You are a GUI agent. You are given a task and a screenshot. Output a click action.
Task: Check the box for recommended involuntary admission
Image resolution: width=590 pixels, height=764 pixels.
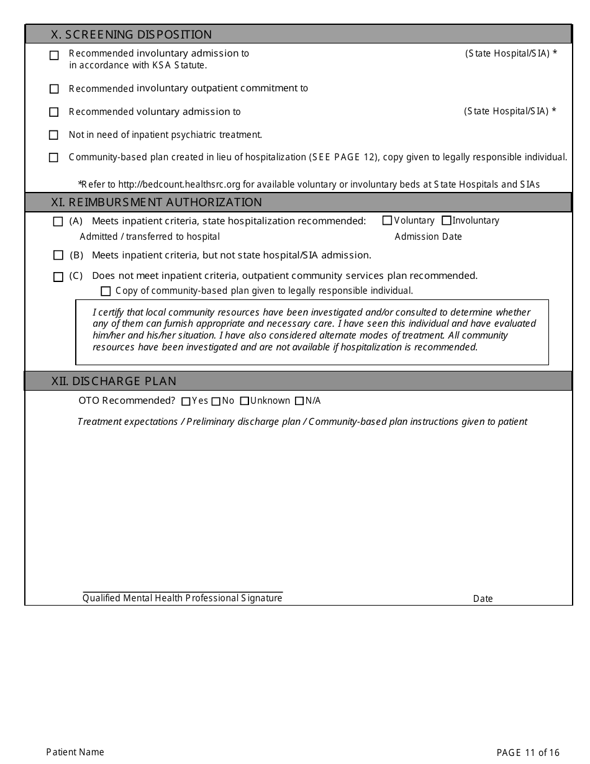point(54,55)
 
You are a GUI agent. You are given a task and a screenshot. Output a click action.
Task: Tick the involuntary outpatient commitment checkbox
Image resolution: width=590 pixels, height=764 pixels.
point(54,89)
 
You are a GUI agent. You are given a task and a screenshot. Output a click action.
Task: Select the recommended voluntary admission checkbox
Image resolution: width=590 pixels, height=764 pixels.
point(54,112)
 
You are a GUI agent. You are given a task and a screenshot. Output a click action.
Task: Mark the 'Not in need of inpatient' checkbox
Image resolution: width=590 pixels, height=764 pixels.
point(54,135)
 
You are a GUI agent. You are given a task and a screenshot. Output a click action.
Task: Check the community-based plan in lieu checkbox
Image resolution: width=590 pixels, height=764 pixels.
point(54,158)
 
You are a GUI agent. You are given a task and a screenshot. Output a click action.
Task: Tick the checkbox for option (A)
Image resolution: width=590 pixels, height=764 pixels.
point(58,221)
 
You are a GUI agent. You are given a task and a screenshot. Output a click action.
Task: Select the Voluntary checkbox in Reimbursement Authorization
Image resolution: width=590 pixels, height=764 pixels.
point(388,221)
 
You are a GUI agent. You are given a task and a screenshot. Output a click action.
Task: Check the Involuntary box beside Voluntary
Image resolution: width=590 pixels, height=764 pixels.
point(447,221)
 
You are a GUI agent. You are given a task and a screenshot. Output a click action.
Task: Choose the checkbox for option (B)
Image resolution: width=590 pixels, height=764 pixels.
point(58,255)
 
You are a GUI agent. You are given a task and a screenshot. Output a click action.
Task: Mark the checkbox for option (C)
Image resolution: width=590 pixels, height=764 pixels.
point(58,277)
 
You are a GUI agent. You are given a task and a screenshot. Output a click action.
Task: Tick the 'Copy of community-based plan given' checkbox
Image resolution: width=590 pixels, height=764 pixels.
point(106,291)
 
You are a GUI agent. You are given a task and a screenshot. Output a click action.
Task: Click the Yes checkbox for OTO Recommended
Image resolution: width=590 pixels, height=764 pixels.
point(186,401)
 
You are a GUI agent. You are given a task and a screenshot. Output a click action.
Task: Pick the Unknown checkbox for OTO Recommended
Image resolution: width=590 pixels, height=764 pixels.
point(245,401)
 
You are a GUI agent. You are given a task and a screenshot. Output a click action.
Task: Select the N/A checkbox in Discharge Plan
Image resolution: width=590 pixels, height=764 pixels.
point(299,401)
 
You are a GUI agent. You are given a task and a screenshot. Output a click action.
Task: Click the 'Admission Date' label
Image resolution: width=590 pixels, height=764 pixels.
point(429,237)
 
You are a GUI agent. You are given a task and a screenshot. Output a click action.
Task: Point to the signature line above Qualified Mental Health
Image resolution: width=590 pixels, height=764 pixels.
point(183,592)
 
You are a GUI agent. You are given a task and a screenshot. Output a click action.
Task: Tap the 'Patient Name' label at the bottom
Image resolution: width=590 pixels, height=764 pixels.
point(75,752)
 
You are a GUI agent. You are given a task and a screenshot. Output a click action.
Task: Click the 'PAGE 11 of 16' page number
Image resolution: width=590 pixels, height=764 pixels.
point(528,753)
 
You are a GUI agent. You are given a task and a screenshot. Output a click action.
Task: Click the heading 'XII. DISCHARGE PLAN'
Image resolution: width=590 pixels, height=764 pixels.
point(114,381)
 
